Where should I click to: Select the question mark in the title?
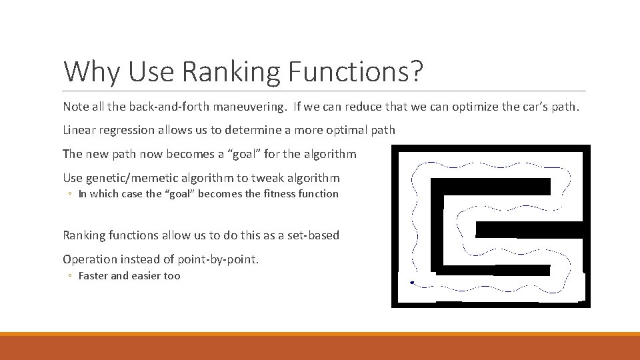click(416, 72)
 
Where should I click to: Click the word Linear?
click(79, 130)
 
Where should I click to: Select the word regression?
click(126, 130)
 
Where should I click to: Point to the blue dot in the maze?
click(412, 283)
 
